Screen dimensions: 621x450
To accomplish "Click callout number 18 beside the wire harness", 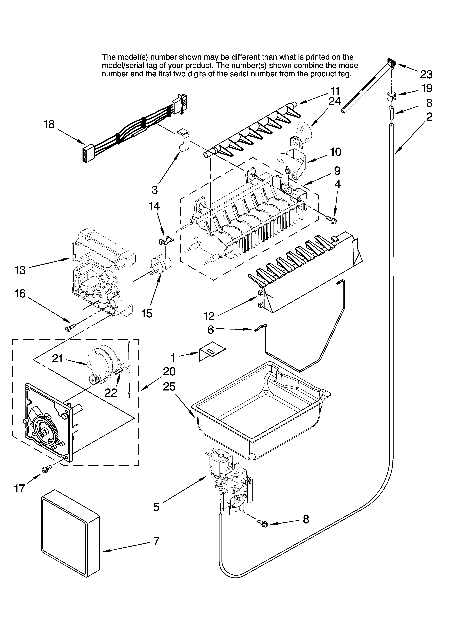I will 49,125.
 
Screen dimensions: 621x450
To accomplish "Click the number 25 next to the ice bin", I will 169,387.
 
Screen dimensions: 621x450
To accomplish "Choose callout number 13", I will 20,270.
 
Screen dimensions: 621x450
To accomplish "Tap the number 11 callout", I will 335,91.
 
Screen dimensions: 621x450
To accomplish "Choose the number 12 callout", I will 209,316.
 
